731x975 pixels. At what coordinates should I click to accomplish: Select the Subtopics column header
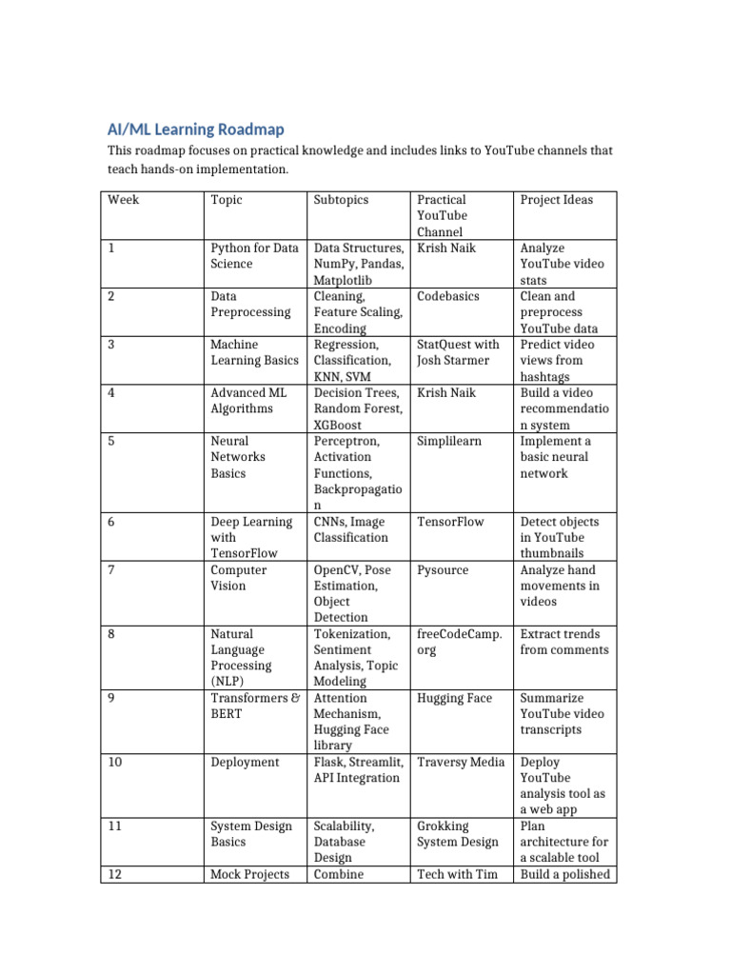coord(341,200)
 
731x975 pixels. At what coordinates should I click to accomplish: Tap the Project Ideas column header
coord(556,200)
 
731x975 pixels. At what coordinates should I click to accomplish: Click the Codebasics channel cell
coord(447,296)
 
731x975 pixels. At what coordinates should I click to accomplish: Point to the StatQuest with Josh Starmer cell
coord(458,352)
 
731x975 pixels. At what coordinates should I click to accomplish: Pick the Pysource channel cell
coord(442,570)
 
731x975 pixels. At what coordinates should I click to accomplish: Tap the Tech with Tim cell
coord(458,874)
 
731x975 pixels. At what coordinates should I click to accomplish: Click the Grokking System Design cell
coord(458,834)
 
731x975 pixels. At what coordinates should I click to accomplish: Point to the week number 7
coord(111,570)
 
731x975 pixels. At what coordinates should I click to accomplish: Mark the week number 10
coord(115,762)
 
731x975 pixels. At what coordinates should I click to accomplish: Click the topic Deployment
coord(245,762)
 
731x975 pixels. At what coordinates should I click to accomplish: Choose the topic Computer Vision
coord(241,578)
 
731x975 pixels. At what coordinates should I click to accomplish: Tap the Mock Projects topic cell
coord(249,874)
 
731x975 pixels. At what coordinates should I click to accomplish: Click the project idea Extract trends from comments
coord(563,642)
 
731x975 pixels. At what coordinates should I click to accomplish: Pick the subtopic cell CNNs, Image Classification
coord(351,529)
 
